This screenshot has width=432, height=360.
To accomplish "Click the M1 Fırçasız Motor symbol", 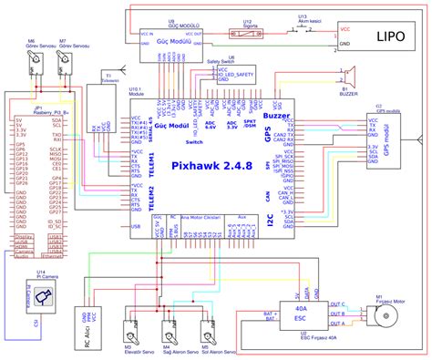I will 385,316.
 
